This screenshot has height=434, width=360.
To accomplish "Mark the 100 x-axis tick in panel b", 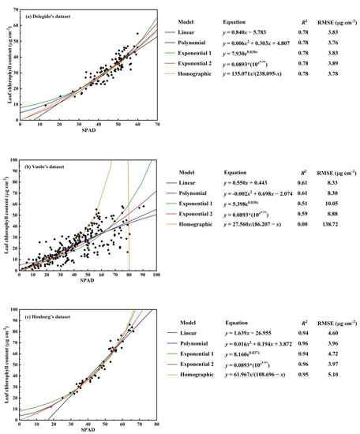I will (x=156, y=274).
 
